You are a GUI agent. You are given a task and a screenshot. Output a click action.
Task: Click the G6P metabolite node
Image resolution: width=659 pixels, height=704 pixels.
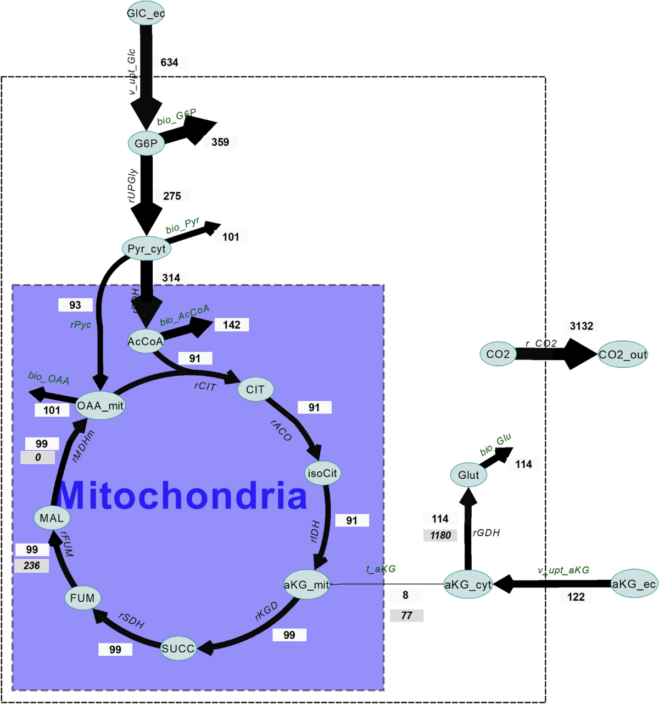point(146,143)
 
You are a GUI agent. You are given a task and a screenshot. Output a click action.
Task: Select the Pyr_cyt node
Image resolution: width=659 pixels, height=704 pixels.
point(146,249)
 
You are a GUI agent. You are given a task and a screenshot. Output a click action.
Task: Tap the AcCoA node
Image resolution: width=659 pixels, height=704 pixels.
point(146,341)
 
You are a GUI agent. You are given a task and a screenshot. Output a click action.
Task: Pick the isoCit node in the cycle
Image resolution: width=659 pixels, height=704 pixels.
point(322,473)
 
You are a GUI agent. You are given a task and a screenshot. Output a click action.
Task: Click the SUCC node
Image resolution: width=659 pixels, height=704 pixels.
point(178,648)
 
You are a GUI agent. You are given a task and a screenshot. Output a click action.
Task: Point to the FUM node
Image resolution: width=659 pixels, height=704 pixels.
point(82,598)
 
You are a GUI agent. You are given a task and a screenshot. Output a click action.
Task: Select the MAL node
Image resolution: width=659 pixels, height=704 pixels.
point(52,518)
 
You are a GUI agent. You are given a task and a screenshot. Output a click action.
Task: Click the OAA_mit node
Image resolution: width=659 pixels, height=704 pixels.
point(100,406)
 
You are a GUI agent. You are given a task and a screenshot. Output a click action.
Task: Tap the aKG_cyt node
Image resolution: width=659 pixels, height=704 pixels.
point(468,585)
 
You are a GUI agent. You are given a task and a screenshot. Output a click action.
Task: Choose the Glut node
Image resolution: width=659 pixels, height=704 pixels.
point(468,475)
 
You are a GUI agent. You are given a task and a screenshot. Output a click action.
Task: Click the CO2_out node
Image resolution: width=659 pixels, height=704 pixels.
point(623,354)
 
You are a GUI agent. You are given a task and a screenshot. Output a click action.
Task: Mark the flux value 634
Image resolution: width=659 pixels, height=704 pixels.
point(169,62)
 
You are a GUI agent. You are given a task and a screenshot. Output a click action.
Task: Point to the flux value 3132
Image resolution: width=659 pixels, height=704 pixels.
point(582,326)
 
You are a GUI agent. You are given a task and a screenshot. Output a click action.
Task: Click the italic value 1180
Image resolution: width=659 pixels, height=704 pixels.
point(440,535)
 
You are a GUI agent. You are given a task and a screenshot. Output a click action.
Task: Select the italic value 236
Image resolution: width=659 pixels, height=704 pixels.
point(32,566)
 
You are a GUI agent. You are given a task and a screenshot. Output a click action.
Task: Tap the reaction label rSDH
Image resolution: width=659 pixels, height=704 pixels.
point(132,620)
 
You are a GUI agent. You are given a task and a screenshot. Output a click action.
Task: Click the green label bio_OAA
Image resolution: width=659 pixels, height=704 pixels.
point(49,378)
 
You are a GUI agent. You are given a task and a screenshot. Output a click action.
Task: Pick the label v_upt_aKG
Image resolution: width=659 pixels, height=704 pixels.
point(563,570)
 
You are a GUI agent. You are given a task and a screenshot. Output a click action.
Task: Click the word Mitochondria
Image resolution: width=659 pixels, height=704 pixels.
point(182,495)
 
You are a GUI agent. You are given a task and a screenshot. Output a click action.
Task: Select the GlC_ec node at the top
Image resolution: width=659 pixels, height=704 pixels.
point(146,13)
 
